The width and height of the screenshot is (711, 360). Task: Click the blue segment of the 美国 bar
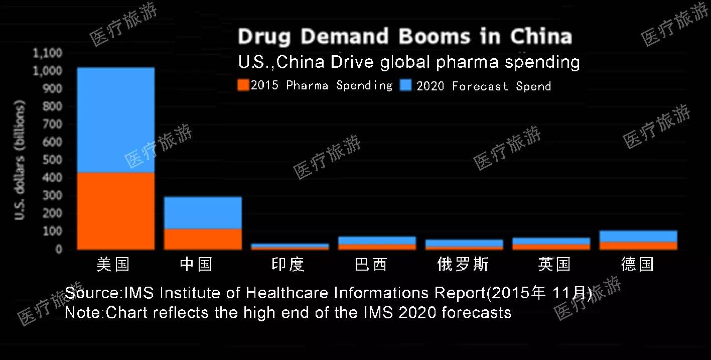click(115, 121)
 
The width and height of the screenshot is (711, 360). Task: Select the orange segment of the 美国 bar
click(115, 211)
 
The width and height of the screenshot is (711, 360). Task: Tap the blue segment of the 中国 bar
click(203, 213)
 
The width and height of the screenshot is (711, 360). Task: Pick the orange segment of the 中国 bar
click(203, 239)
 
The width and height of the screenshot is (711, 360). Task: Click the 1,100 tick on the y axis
click(47, 53)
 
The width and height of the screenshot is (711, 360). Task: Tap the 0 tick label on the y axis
click(58, 249)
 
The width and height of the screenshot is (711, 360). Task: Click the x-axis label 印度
click(288, 265)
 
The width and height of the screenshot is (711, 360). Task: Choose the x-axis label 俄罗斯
click(463, 265)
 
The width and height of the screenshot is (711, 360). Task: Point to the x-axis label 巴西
click(371, 265)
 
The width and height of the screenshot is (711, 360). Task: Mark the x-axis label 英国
click(554, 265)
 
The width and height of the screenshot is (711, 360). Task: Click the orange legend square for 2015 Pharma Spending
click(243, 85)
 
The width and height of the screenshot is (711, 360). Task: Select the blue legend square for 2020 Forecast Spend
click(406, 85)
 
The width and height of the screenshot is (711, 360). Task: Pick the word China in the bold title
click(541, 37)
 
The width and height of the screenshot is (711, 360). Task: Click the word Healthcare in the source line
click(288, 293)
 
